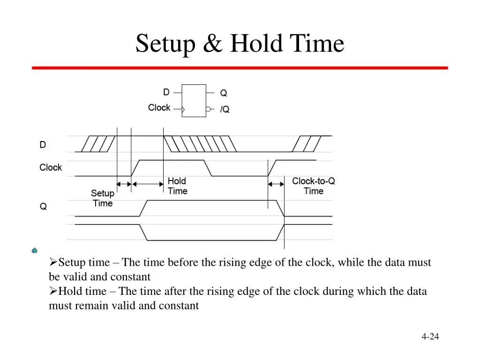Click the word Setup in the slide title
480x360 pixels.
pyautogui.click(x=165, y=44)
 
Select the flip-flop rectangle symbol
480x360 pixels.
pyautogui.click(x=194, y=100)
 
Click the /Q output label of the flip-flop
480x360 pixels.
pyautogui.click(x=225, y=110)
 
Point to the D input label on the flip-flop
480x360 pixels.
pyautogui.click(x=166, y=92)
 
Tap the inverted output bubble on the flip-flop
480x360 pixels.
pyautogui.click(x=208, y=109)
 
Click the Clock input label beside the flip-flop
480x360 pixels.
pyautogui.click(x=159, y=108)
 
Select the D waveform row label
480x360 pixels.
pyautogui.click(x=43, y=145)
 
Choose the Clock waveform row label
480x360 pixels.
pyautogui.click(x=51, y=167)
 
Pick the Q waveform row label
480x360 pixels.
pyautogui.click(x=43, y=206)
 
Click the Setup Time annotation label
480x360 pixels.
pyautogui.click(x=103, y=198)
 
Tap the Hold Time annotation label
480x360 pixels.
pyautogui.click(x=177, y=186)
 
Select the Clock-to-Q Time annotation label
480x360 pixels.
pyautogui.click(x=314, y=186)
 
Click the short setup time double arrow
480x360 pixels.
pyautogui.click(x=124, y=184)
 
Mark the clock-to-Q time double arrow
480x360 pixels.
pyautogui.click(x=276, y=184)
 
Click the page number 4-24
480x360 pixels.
pyautogui.click(x=430, y=337)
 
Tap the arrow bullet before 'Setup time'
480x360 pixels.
pyautogui.click(x=53, y=262)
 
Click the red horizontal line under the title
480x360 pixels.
pyautogui.click(x=240, y=68)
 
